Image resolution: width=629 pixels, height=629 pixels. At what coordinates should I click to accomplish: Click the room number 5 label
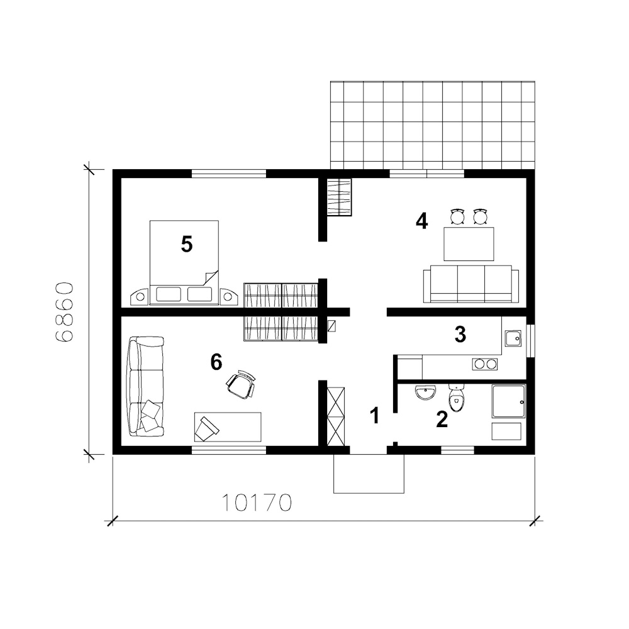coord(187,244)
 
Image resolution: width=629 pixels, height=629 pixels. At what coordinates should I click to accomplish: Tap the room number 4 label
coord(421,221)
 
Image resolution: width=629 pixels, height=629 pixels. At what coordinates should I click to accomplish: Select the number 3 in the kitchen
coord(460,334)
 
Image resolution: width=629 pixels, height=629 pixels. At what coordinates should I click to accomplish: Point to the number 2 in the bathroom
coord(442,419)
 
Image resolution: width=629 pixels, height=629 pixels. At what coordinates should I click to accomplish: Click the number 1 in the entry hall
coord(375,416)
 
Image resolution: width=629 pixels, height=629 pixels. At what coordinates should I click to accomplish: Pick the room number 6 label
coord(216,362)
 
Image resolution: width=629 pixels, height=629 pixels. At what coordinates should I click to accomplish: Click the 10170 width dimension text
coord(257,503)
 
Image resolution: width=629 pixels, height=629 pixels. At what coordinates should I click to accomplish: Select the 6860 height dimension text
coord(64,312)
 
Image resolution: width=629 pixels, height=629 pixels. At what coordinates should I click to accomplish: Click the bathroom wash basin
coord(426,392)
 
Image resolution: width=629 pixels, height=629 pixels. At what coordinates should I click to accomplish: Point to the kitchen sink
coord(513,338)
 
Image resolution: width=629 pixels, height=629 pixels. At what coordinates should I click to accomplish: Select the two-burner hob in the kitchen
coord(485,364)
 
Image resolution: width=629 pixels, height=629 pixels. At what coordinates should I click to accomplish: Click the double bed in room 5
coord(184,262)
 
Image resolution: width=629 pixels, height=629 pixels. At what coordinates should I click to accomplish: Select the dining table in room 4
coord(469,244)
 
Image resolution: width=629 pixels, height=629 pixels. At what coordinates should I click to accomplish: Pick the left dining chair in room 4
coord(457,216)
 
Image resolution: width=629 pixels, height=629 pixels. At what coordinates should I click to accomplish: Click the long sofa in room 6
coord(146,386)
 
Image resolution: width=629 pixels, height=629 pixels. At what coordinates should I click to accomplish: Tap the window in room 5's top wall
coord(229,174)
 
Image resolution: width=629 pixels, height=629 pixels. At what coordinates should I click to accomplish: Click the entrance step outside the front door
coord(369,474)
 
